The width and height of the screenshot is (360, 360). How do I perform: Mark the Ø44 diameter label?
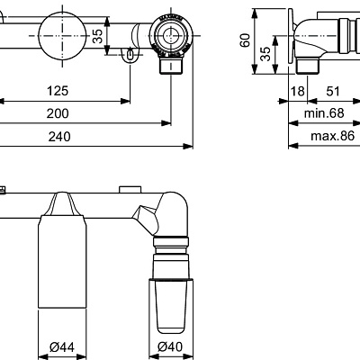[x=61, y=346]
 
